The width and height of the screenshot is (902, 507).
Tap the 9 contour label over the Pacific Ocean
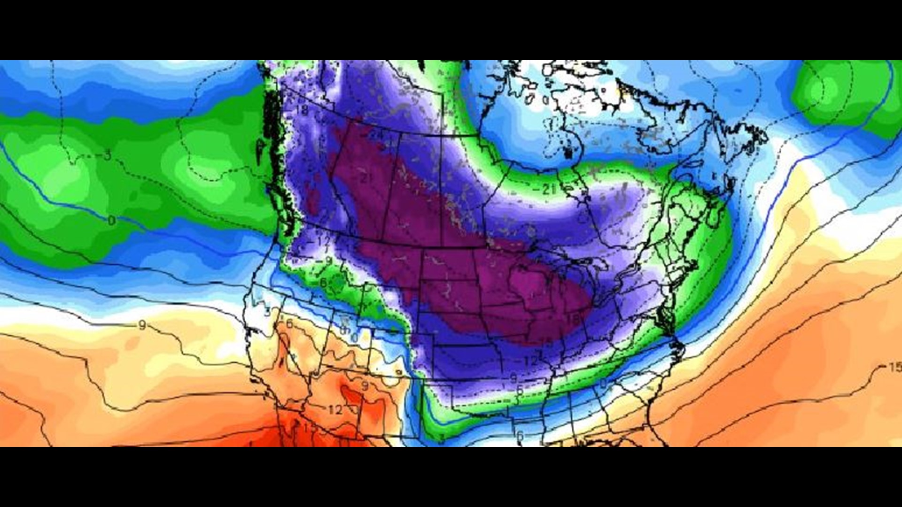pos(142,325)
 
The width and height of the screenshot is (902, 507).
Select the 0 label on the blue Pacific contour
pos(111,220)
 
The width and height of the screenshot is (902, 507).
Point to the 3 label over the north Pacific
pos(108,155)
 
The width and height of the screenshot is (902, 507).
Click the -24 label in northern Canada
pos(374,135)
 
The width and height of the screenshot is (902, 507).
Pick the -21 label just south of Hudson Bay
pos(546,190)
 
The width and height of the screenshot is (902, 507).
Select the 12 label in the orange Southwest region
pos(335,410)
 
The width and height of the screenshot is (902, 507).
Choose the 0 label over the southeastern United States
pos(603,384)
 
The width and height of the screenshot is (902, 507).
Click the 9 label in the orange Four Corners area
pos(365,386)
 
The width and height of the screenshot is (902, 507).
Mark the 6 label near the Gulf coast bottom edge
pos(520,435)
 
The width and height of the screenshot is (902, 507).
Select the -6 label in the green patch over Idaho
pos(324,283)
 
